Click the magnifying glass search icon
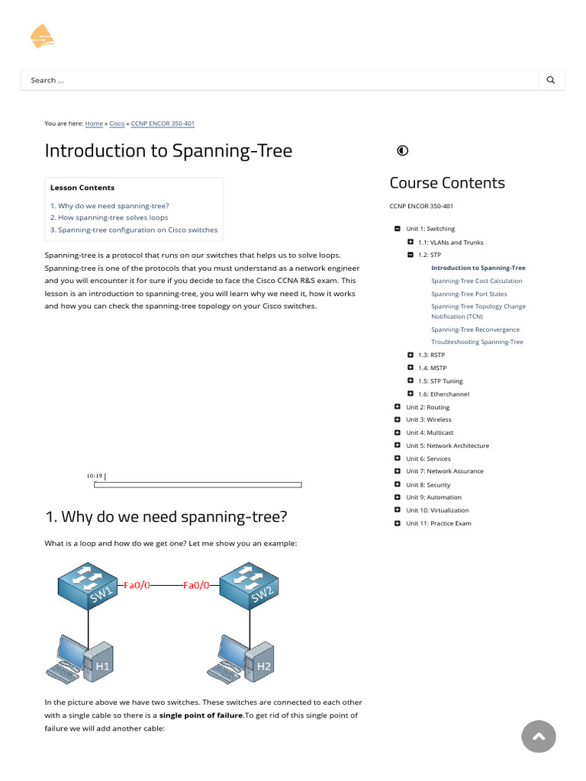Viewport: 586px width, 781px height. tap(551, 80)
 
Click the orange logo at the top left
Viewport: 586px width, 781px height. tap(41, 36)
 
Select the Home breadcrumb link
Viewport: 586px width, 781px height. tap(94, 124)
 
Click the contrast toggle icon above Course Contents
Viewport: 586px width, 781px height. tap(403, 150)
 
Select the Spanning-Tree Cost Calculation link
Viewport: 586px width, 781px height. tap(476, 281)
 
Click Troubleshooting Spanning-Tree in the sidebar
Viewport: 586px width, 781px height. tap(477, 342)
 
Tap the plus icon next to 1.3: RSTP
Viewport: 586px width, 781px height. tap(411, 355)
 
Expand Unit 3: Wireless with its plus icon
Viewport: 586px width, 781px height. tap(398, 419)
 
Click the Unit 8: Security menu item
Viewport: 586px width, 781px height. tap(428, 484)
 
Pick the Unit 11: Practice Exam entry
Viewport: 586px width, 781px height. tap(438, 523)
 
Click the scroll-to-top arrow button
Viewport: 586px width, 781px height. tap(539, 736)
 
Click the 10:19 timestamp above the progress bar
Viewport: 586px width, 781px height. tap(95, 476)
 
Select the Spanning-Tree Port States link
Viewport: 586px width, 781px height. tap(468, 294)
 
